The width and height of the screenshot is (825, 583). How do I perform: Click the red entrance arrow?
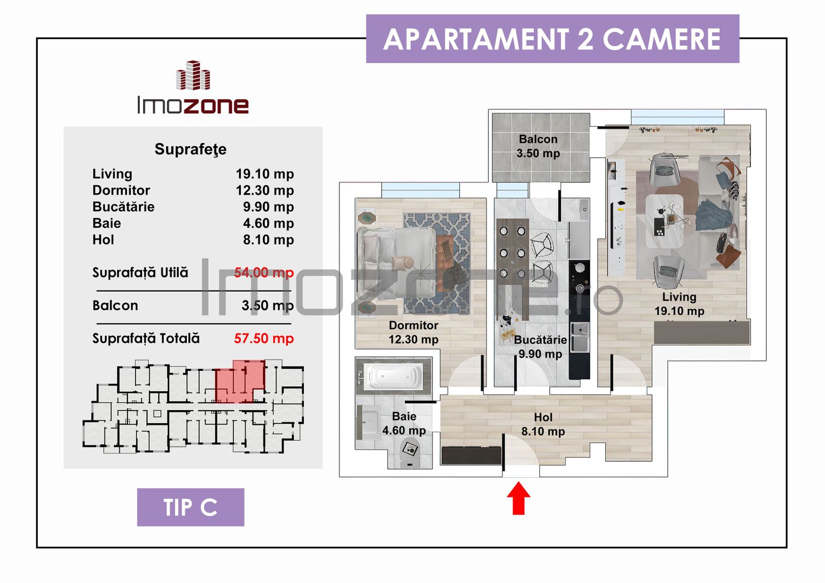point(518,498)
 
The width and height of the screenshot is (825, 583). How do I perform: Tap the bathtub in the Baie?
point(393,376)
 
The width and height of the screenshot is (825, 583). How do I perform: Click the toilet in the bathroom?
point(410,452)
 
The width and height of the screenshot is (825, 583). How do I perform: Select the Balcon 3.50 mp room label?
point(538,146)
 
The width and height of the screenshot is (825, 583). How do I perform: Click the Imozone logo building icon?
point(193,76)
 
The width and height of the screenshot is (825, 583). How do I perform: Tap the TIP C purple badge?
point(191,507)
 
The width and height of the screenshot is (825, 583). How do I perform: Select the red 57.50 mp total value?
point(263,338)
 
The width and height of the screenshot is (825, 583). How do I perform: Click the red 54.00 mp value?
point(263,273)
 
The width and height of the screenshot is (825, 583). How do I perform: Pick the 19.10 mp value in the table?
point(265,174)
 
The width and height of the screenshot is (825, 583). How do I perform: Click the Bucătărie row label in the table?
point(123,207)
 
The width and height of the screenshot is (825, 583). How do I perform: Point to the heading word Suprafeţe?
point(190,149)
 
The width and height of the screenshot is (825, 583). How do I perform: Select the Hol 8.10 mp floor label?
point(543,424)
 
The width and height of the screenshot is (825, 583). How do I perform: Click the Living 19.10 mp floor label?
point(679,304)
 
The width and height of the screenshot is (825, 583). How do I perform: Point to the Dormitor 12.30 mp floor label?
point(414,333)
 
